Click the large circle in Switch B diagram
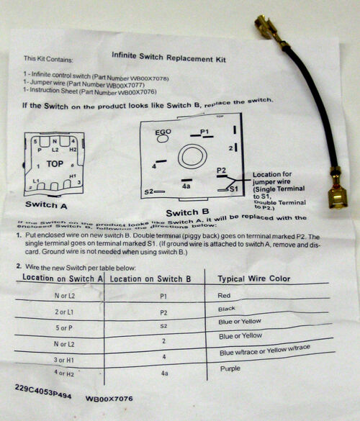[192, 156]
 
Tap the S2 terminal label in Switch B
[148, 192]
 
